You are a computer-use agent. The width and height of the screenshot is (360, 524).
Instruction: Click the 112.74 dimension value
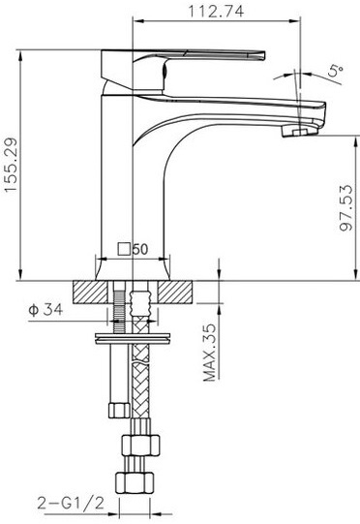click(x=217, y=11)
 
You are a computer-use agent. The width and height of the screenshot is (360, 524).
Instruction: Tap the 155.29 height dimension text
click(x=11, y=165)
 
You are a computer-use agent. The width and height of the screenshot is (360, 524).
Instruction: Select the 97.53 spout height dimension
click(x=345, y=207)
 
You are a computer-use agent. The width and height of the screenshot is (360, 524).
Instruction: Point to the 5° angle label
click(x=335, y=71)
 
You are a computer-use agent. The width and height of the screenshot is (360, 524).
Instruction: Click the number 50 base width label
click(x=140, y=249)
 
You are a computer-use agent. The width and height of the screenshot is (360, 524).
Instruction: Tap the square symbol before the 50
click(x=124, y=249)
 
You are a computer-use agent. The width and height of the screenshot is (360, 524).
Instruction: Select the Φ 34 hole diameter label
click(x=45, y=310)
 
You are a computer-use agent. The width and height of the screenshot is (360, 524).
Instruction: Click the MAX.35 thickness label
click(x=210, y=353)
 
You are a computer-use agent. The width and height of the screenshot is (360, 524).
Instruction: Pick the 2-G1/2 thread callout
click(x=71, y=503)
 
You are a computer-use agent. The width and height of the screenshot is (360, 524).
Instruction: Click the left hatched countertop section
click(x=90, y=293)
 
